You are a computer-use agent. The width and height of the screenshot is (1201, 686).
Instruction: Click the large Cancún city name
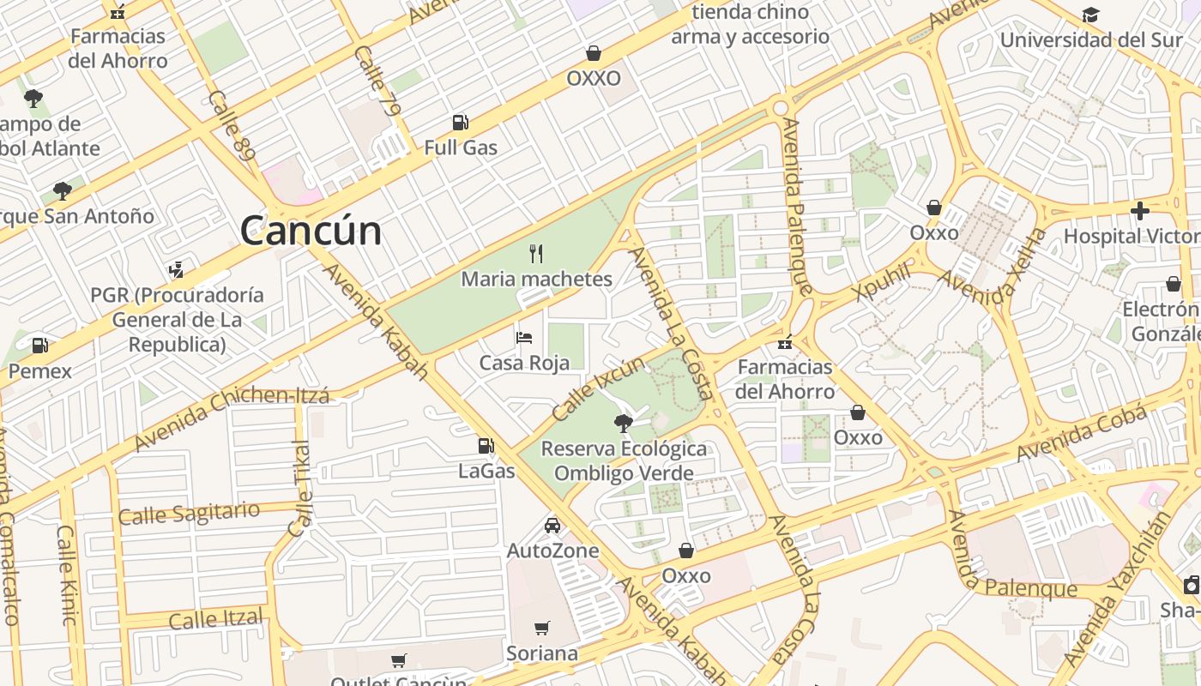click(311, 231)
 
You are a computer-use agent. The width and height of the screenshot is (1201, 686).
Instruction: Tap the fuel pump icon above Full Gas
click(461, 123)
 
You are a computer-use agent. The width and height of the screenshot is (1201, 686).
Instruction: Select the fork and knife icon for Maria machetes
click(537, 253)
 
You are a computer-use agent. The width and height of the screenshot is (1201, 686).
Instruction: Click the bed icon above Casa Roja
click(524, 337)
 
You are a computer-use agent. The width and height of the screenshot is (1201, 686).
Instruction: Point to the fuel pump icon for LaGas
click(486, 446)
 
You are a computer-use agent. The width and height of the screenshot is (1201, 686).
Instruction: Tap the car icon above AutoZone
click(552, 525)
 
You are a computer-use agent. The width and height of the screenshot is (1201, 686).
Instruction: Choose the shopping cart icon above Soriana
click(541, 629)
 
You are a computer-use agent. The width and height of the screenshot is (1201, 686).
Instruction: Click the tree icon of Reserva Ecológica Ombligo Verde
click(624, 423)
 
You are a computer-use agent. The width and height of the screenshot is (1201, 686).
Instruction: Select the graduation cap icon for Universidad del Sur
click(1090, 15)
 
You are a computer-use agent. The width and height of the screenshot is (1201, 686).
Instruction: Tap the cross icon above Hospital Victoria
click(1140, 210)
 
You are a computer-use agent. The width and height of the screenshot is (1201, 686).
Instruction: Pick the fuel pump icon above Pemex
click(39, 346)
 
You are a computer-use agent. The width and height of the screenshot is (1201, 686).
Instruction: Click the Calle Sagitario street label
click(189, 514)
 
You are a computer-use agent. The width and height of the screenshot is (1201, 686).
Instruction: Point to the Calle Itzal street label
click(215, 618)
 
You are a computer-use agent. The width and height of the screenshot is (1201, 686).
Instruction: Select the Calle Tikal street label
click(300, 489)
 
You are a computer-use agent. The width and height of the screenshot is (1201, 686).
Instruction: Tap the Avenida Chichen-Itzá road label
click(232, 418)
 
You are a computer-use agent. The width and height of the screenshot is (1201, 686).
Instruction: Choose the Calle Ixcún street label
click(597, 388)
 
